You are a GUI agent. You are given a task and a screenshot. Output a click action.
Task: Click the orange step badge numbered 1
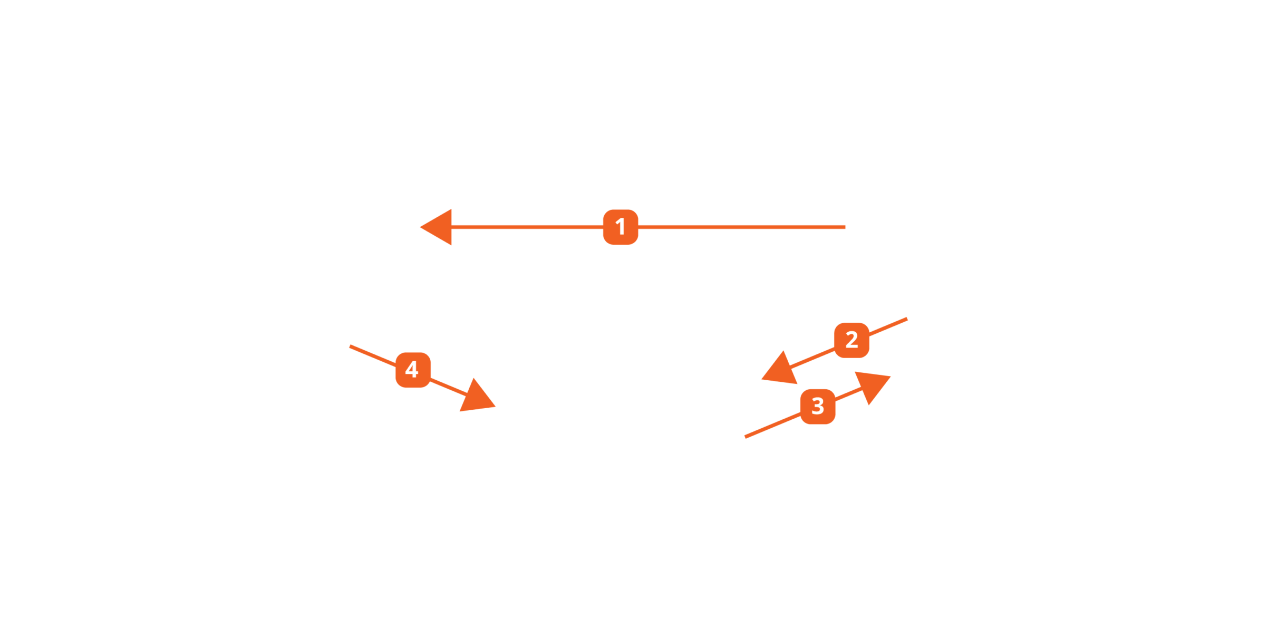pos(621,227)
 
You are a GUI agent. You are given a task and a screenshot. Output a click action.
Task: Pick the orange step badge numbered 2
pos(851,340)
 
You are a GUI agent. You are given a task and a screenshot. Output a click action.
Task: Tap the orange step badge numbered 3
pos(818,407)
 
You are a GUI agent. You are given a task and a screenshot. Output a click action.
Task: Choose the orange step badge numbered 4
pos(412,370)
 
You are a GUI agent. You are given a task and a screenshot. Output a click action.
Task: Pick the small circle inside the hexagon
pos(959,236)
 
